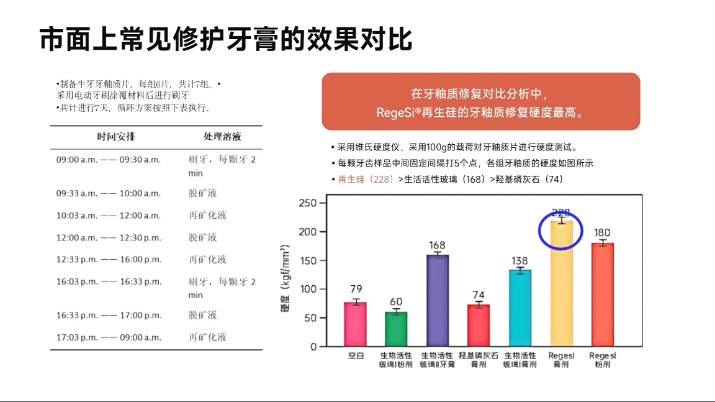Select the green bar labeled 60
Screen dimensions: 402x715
[x=396, y=329]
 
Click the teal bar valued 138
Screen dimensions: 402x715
[x=520, y=308]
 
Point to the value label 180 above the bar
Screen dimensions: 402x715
[x=602, y=233]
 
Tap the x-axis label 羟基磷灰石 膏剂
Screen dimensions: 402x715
[x=479, y=360]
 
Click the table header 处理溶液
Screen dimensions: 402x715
[x=222, y=137]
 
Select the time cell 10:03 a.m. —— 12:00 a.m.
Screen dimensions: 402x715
[x=109, y=216]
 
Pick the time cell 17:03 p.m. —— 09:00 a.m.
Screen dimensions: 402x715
[x=109, y=337]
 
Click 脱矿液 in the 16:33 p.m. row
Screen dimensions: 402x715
[x=203, y=315]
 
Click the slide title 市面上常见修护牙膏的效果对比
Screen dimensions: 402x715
[x=226, y=39]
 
